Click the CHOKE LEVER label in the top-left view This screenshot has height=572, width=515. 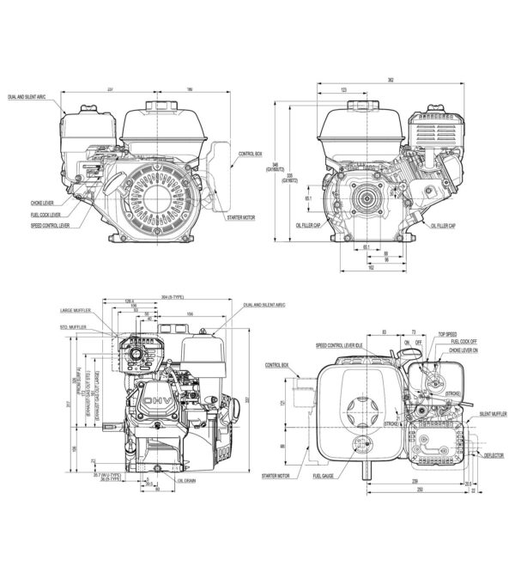[x=41, y=204]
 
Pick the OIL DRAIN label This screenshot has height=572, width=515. [x=187, y=481]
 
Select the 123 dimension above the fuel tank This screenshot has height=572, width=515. [x=342, y=89]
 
